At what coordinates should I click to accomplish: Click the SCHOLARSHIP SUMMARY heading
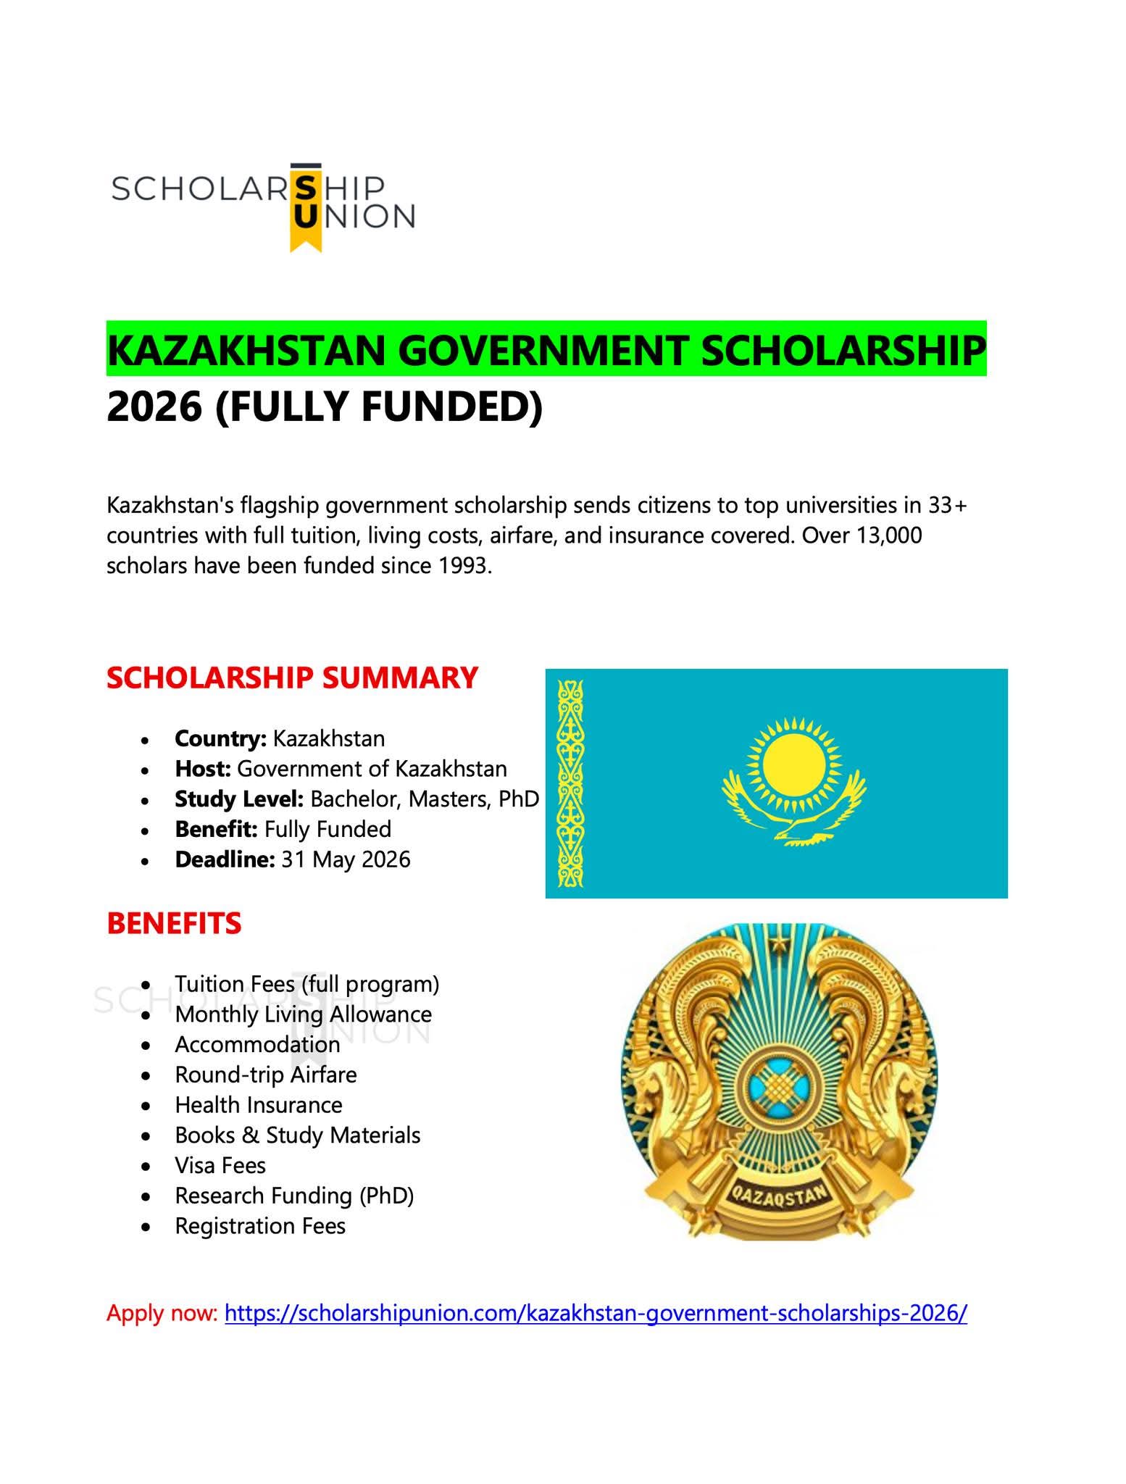292,678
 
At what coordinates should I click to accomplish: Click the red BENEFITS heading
174,923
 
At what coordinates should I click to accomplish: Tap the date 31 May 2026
346,859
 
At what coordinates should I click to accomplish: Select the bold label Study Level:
238,799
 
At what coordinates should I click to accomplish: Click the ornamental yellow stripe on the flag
570,783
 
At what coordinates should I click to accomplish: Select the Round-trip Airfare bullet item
265,1075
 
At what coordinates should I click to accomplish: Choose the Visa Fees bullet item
220,1165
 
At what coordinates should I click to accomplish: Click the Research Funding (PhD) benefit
294,1196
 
